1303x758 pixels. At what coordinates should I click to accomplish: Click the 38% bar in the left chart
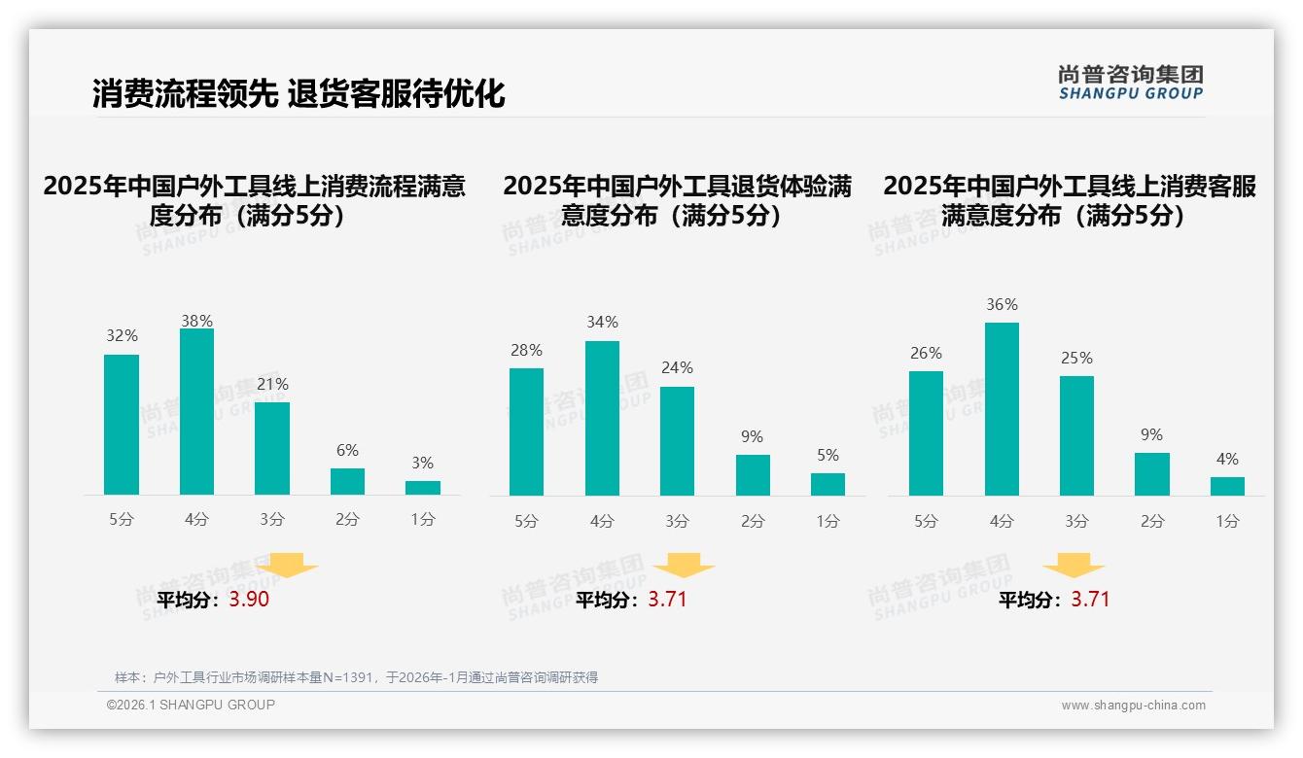tap(196, 412)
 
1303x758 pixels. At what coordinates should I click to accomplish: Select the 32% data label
tap(122, 336)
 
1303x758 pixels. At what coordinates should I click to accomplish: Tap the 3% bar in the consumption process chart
tap(422, 488)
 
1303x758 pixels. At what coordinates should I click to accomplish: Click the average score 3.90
tap(249, 600)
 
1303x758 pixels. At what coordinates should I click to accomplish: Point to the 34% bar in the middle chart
tap(602, 418)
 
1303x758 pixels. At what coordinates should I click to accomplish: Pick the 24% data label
tap(677, 368)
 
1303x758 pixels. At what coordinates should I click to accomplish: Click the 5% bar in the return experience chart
tap(828, 484)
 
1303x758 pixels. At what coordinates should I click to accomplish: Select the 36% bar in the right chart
tap(1002, 409)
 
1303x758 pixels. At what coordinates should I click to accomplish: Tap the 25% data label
tap(1076, 359)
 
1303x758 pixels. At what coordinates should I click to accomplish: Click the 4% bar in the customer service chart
tap(1227, 486)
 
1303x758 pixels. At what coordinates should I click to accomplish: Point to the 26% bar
tap(926, 433)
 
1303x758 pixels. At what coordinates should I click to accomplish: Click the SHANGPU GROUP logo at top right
tap(1130, 83)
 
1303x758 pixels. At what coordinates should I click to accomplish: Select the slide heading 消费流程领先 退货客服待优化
tap(299, 94)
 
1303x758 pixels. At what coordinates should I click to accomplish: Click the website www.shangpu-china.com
tap(1133, 706)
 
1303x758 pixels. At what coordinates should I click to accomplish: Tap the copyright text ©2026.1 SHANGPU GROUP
tap(191, 705)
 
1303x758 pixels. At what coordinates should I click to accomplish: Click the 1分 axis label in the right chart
tap(1227, 522)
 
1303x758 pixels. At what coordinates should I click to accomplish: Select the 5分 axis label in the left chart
tap(122, 520)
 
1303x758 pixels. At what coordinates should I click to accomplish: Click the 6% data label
tap(347, 451)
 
